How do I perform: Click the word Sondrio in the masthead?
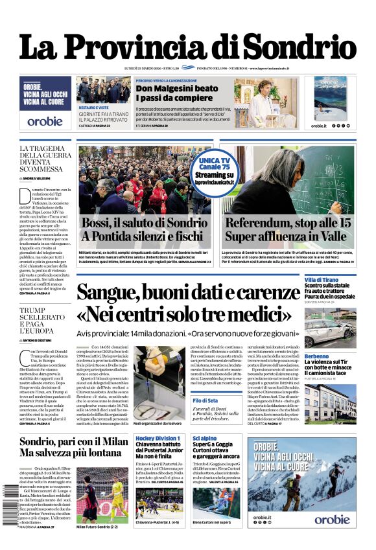pos(300,47)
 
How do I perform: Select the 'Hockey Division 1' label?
pos(158,439)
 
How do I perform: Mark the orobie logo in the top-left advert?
pos(45,121)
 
